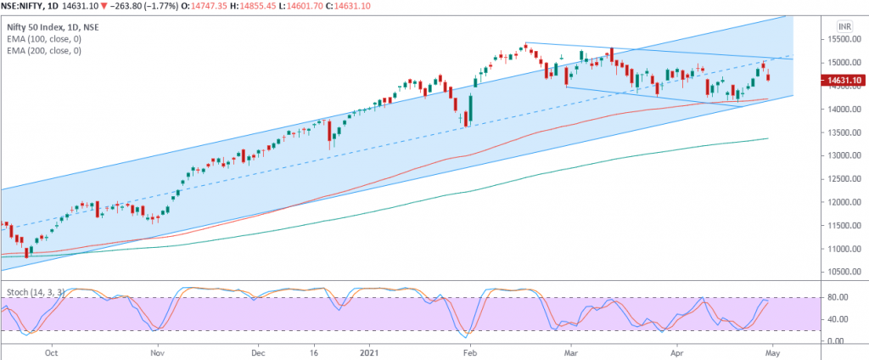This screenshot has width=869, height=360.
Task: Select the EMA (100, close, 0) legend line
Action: [x=43, y=39]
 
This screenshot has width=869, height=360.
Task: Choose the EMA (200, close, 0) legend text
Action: [x=43, y=51]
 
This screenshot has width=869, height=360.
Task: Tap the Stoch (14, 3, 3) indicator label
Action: [x=32, y=292]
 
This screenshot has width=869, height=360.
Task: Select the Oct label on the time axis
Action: [x=51, y=351]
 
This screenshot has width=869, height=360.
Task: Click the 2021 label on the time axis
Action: [x=369, y=351]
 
